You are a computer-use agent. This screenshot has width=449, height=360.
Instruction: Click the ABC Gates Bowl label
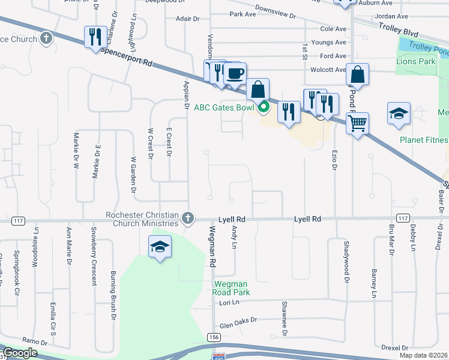pyautogui.click(x=225, y=108)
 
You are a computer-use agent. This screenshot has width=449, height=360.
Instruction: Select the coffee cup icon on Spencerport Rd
pyautogui.click(x=235, y=74)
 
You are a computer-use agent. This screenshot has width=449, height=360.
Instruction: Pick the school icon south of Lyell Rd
pyautogui.click(x=160, y=247)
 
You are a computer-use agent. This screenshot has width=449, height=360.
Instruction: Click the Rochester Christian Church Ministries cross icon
pyautogui.click(x=188, y=218)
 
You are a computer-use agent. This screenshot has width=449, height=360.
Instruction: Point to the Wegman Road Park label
pyautogui.click(x=230, y=288)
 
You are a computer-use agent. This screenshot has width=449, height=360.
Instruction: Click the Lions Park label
pyautogui.click(x=415, y=61)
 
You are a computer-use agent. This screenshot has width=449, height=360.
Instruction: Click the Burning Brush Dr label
pyautogui.click(x=112, y=293)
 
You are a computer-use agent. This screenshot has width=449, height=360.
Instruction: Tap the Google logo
pyautogui.click(x=20, y=353)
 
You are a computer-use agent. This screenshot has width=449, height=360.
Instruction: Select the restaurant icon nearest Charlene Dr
pyautogui.click(x=95, y=38)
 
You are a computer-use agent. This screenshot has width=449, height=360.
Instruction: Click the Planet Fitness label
pyautogui.click(x=424, y=140)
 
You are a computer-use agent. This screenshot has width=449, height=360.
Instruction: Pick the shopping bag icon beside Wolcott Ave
pyautogui.click(x=357, y=75)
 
